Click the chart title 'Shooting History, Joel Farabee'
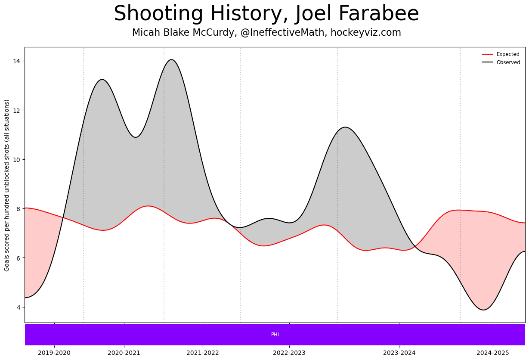[266, 14]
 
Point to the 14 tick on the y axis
[17, 61]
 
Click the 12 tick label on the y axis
[17, 110]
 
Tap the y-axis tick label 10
[17, 160]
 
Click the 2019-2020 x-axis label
[54, 353]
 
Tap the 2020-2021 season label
[124, 353]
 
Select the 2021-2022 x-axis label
[203, 353]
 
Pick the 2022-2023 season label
[289, 353]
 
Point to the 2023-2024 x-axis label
[399, 353]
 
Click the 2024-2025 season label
[493, 353]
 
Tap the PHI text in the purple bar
[275, 335]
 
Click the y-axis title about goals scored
[7, 185]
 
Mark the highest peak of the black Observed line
[171, 59]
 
